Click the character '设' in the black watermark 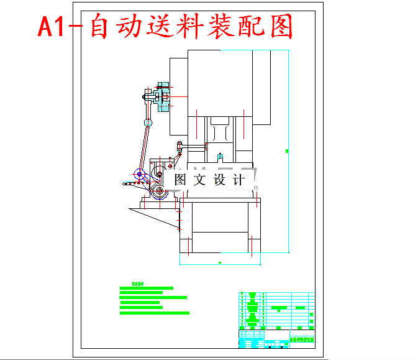(x=220, y=180)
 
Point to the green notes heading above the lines (x=138, y=284)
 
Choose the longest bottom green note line (x=153, y=313)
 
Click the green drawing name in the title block (x=302, y=339)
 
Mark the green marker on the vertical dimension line (x=287, y=150)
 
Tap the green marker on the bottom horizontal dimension (x=220, y=263)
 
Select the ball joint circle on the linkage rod (x=148, y=122)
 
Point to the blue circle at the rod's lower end (x=139, y=174)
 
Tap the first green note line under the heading (x=146, y=288)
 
